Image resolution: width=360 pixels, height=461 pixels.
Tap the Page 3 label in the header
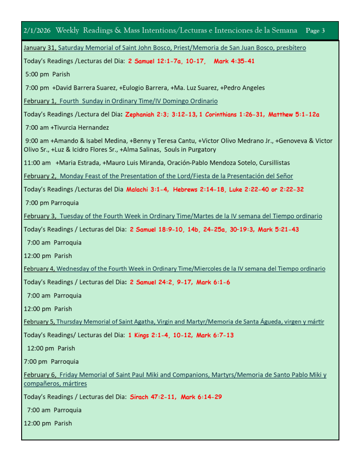coord(315,31)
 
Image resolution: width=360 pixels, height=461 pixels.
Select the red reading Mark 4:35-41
coord(234,61)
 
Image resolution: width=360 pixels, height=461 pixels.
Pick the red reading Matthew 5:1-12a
coord(294,114)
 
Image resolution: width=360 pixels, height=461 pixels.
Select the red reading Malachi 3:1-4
coord(147,190)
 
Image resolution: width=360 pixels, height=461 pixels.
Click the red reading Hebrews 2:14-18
coord(199,190)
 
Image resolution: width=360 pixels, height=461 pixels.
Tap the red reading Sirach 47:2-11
coord(153,397)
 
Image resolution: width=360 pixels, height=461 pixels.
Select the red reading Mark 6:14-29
coord(201,397)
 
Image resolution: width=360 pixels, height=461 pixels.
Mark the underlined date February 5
coord(39,322)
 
